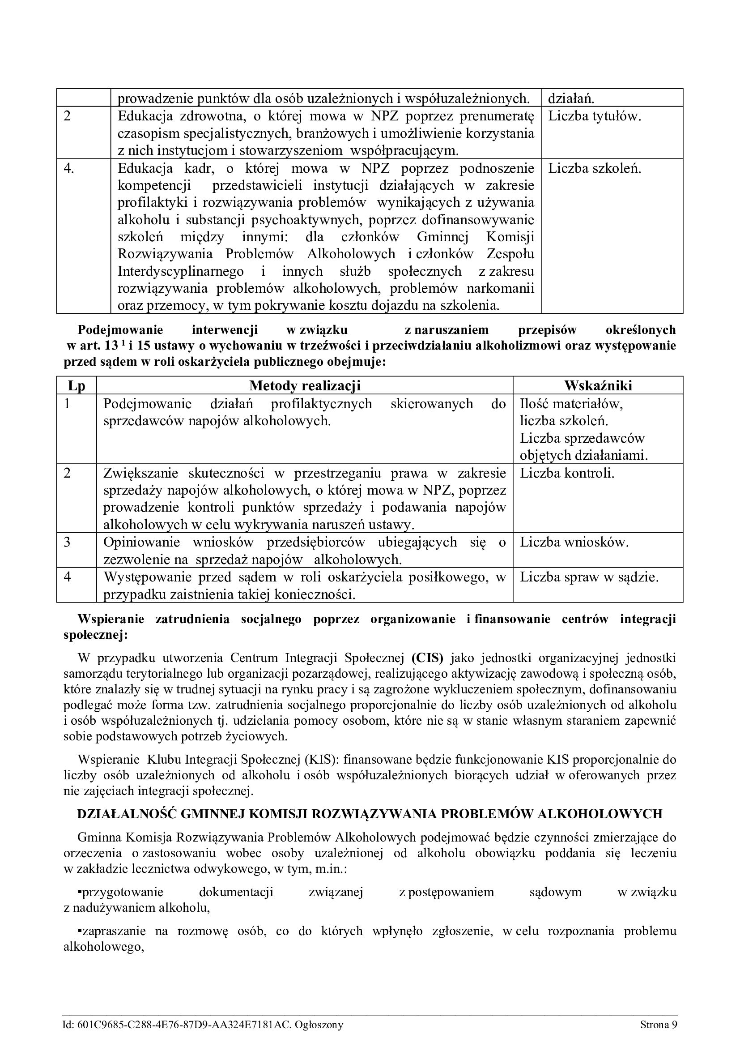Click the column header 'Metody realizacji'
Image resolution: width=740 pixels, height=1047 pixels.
point(305,386)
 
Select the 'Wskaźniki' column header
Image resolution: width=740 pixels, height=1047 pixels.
point(598,386)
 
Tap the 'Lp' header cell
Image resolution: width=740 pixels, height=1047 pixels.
point(77,386)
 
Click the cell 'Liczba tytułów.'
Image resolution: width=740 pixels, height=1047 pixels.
point(594,116)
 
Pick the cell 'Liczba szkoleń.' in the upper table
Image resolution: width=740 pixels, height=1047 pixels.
point(594,169)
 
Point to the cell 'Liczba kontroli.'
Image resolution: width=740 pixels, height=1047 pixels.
point(567,473)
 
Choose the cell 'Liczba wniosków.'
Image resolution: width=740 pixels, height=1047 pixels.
point(574,542)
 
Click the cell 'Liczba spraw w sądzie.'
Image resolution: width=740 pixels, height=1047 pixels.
point(589,577)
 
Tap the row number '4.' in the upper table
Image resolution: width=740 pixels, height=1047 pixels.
point(69,169)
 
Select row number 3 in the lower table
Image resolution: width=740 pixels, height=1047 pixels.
point(67,542)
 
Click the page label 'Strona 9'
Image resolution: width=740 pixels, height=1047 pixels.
point(659,1025)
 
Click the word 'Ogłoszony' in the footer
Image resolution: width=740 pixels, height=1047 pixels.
point(319,1025)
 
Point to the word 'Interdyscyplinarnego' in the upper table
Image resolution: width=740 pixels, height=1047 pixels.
point(180,272)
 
